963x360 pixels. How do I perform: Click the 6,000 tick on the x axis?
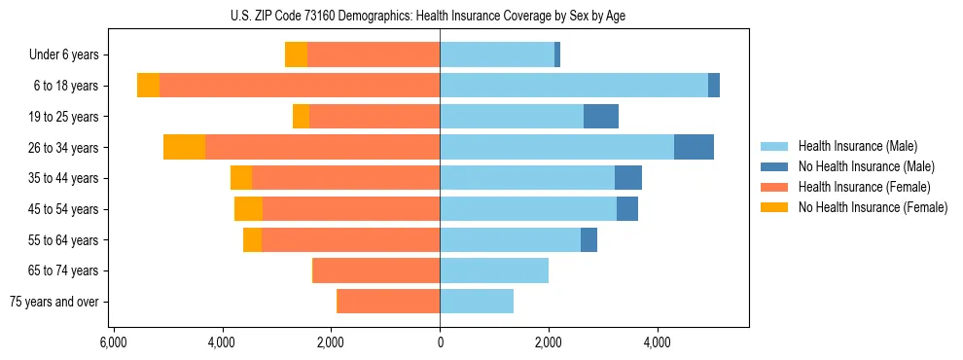tap(114, 342)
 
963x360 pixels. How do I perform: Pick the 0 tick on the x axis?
tap(440, 342)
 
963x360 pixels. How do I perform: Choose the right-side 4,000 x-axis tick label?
tap(658, 342)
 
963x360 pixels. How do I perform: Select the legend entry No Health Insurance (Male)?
tap(866, 166)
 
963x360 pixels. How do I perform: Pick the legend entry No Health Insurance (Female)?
tap(872, 207)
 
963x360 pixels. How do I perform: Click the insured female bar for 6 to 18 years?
tap(300, 86)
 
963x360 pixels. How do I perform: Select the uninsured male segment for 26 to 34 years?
tap(694, 147)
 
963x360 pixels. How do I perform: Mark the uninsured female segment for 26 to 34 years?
tap(185, 147)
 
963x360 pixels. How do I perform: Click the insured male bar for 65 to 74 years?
tap(494, 270)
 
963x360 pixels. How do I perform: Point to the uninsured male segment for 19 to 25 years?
tap(601, 117)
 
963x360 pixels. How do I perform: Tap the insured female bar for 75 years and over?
tap(388, 302)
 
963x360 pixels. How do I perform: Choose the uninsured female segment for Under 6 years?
tap(296, 55)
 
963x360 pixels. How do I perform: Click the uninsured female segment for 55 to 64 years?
tap(252, 239)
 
